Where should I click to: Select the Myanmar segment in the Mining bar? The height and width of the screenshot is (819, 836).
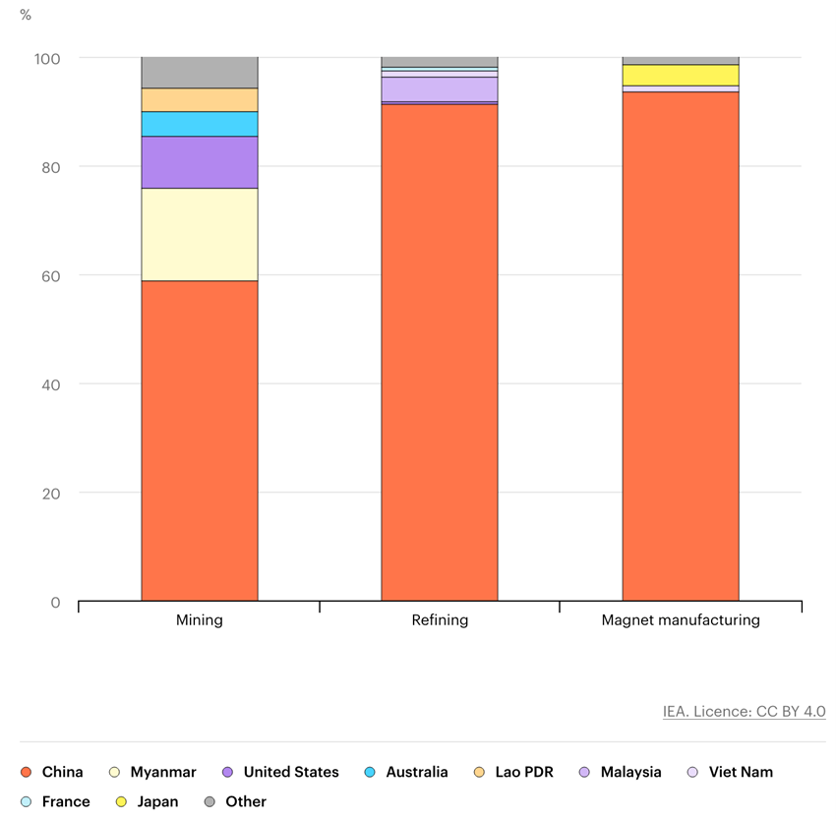pyautogui.click(x=200, y=234)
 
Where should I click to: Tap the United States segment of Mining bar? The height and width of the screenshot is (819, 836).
pyautogui.click(x=200, y=162)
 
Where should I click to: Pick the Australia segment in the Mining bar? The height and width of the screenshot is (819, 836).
pyautogui.click(x=200, y=124)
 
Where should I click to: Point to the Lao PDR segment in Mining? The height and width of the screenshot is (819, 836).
pyautogui.click(x=200, y=99)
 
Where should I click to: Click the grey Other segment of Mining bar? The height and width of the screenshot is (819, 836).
pyautogui.click(x=200, y=73)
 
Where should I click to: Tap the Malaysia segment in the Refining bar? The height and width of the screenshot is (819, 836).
pyautogui.click(x=440, y=89)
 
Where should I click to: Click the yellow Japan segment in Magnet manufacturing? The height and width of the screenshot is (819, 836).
pyautogui.click(x=681, y=75)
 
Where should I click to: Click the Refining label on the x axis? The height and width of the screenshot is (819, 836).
pyautogui.click(x=440, y=620)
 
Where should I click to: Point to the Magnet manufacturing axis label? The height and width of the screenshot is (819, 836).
pyautogui.click(x=681, y=620)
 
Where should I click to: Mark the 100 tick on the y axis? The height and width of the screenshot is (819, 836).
pyautogui.click(x=47, y=59)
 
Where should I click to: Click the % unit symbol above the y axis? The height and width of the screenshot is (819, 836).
pyautogui.click(x=26, y=15)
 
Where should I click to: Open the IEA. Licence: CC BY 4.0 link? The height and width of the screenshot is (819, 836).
pyautogui.click(x=744, y=712)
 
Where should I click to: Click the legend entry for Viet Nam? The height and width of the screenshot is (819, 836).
pyautogui.click(x=730, y=773)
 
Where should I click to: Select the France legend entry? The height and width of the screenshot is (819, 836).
pyautogui.click(x=56, y=802)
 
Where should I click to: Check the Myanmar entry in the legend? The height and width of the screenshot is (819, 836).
pyautogui.click(x=152, y=773)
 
